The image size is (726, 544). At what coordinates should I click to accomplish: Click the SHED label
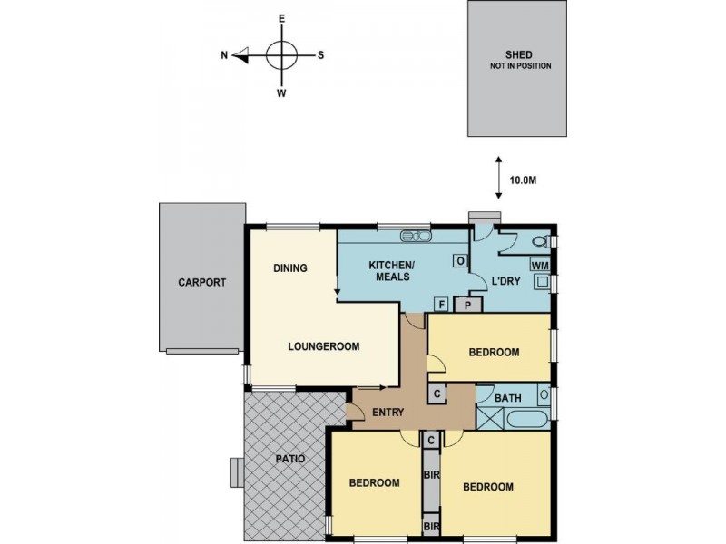pyautogui.click(x=518, y=55)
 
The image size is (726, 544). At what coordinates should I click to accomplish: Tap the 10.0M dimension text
pyautogui.click(x=523, y=180)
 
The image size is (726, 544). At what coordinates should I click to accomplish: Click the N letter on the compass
pyautogui.click(x=224, y=55)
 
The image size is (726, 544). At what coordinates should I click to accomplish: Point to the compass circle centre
pyautogui.click(x=281, y=55)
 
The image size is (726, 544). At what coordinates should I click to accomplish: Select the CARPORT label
pyautogui.click(x=201, y=282)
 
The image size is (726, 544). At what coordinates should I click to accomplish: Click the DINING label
pyautogui.click(x=290, y=267)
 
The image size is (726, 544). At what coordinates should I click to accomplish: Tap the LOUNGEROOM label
pyautogui.click(x=324, y=346)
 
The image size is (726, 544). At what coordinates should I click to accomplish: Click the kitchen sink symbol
pyautogui.click(x=417, y=236)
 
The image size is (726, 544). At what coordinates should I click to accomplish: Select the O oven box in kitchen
pyautogui.click(x=460, y=261)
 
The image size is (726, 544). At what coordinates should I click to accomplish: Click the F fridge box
pyautogui.click(x=442, y=305)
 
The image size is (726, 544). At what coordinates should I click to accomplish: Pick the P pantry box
pyautogui.click(x=468, y=305)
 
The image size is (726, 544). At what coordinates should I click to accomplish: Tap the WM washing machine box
pyautogui.click(x=540, y=265)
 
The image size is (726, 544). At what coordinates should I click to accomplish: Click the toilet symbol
pyautogui.click(x=541, y=241)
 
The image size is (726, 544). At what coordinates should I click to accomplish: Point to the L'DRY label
pyautogui.click(x=506, y=281)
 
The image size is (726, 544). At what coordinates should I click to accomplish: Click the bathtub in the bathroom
pyautogui.click(x=528, y=419)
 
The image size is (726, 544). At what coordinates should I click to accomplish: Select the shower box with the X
pyautogui.click(x=490, y=419)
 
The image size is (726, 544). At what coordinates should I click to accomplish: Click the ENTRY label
pyautogui.click(x=388, y=413)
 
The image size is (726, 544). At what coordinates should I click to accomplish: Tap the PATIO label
pyautogui.click(x=290, y=459)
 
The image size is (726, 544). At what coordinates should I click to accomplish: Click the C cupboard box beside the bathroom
pyautogui.click(x=437, y=394)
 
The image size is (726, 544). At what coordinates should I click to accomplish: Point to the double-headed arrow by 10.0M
pyautogui.click(x=498, y=178)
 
